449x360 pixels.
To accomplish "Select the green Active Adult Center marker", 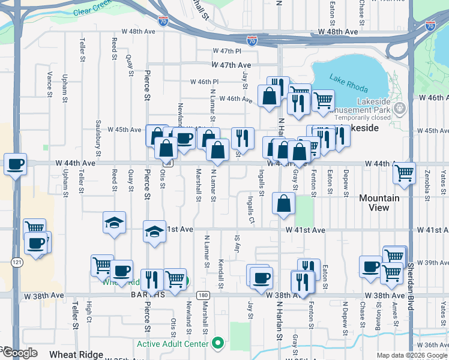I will (218, 344).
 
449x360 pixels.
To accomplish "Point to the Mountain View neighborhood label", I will (379, 203).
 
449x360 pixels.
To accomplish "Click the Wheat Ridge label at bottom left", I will (72, 355).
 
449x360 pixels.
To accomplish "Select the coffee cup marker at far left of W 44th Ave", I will (15, 163).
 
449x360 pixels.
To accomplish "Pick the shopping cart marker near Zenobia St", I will (405, 173).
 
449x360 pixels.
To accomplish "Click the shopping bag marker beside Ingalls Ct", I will (283, 203).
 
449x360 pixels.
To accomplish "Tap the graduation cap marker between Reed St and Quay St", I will (113, 223).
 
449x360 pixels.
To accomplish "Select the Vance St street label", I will (50, 80).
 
